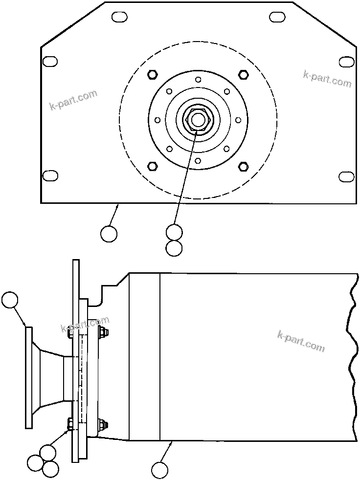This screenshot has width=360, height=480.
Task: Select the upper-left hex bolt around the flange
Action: (x=152, y=74)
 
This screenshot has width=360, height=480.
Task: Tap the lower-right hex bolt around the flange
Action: (x=243, y=167)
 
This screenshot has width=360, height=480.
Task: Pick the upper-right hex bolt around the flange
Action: (x=243, y=74)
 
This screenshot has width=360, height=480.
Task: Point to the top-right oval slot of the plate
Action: (x=277, y=17)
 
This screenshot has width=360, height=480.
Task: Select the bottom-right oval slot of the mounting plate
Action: (x=347, y=176)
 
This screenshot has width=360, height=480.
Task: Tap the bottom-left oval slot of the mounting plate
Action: (x=50, y=175)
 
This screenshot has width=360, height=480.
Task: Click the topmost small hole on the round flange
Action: (x=198, y=80)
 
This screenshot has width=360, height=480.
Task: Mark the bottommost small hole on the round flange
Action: (x=198, y=160)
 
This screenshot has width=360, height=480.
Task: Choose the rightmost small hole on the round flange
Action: (x=238, y=120)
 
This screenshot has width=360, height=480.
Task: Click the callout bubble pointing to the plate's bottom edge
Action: (x=109, y=234)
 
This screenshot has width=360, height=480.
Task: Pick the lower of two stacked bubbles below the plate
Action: (x=174, y=248)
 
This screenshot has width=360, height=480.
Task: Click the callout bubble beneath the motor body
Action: (x=159, y=470)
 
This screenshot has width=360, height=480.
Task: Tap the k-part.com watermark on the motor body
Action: (x=300, y=341)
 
